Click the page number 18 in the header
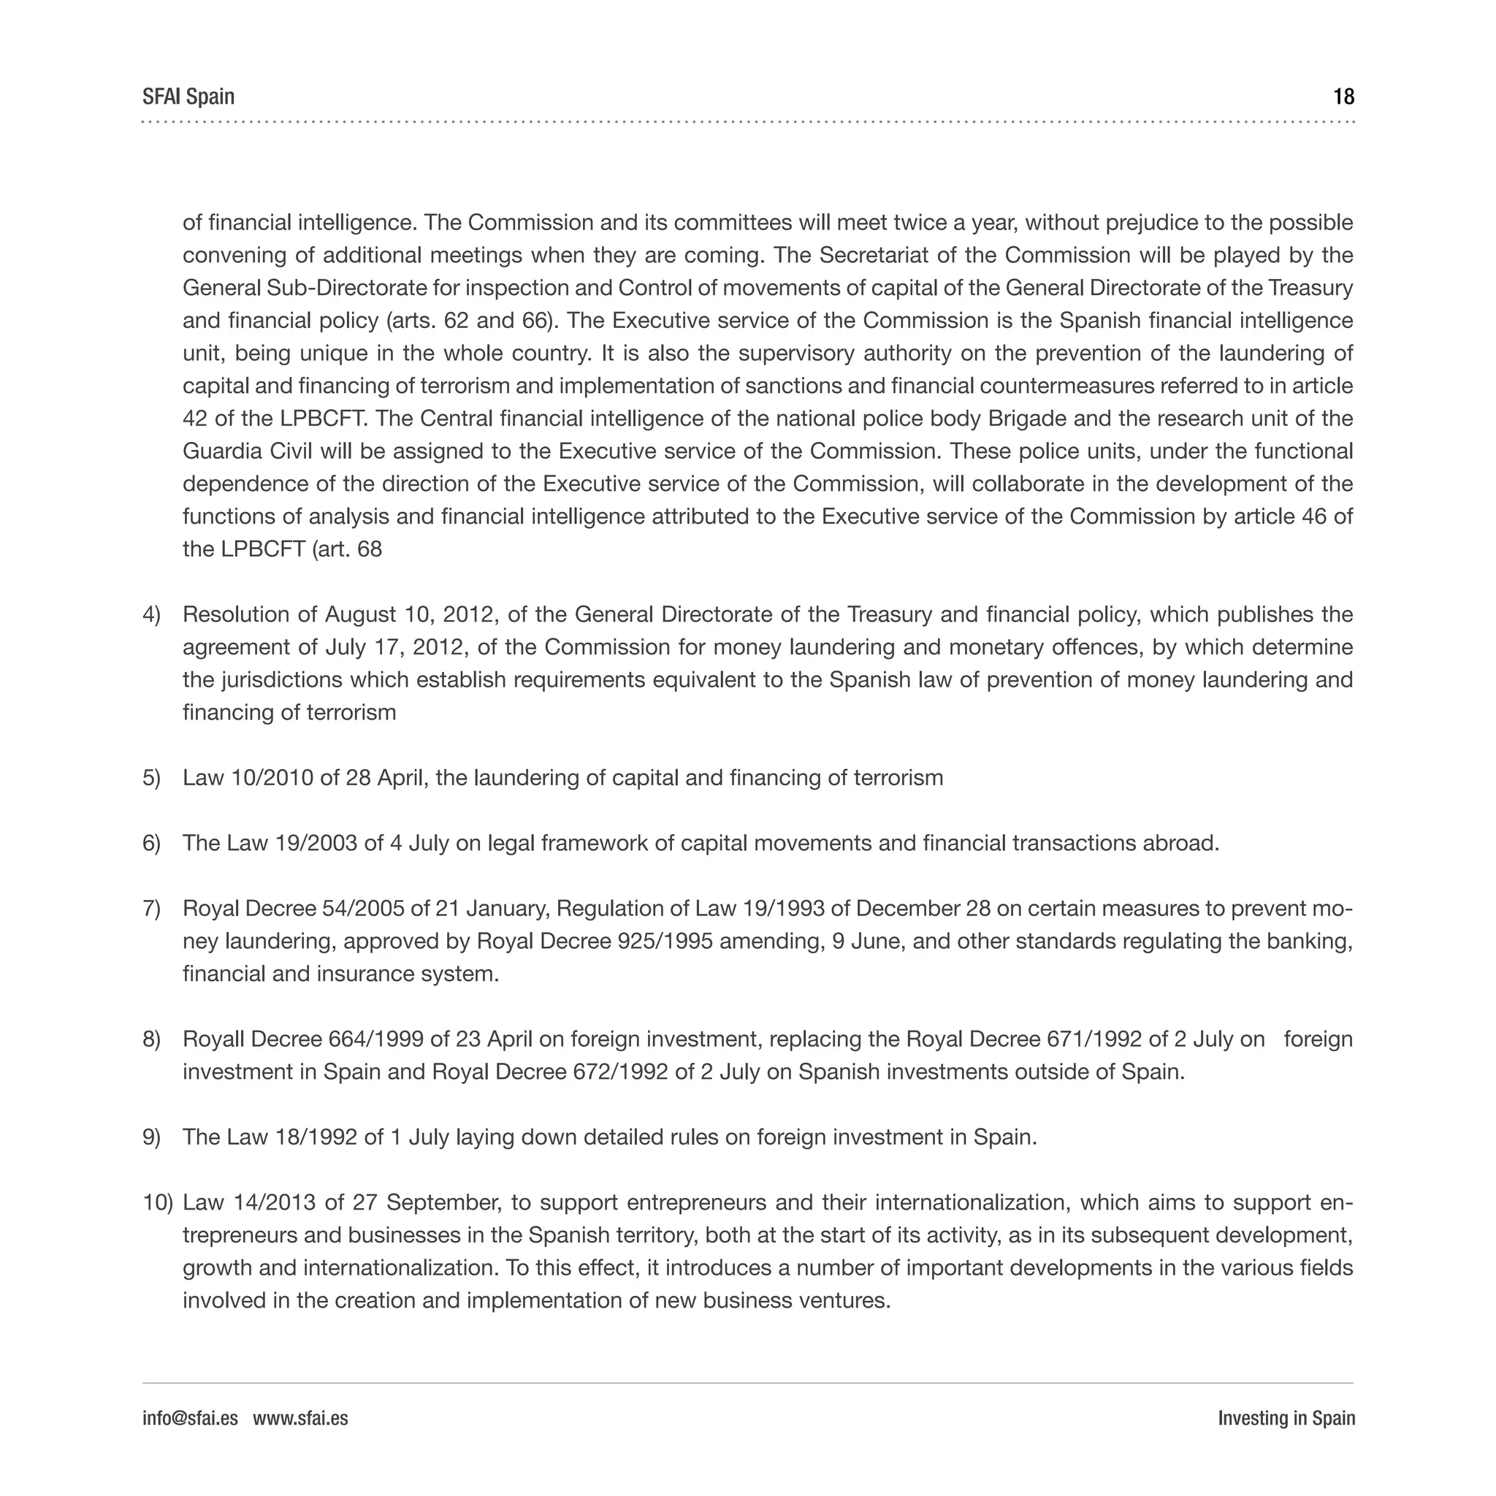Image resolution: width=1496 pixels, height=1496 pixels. [x=1343, y=97]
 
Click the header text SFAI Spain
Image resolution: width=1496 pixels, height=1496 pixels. [x=188, y=97]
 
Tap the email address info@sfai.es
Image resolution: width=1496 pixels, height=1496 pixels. [x=190, y=1418]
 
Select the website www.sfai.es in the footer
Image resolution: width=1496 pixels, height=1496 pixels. [x=300, y=1418]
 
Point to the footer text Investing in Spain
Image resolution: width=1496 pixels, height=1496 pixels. [x=1286, y=1418]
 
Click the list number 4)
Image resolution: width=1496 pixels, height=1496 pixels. [x=152, y=615]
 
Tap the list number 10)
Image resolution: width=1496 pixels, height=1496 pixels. [x=158, y=1202]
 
